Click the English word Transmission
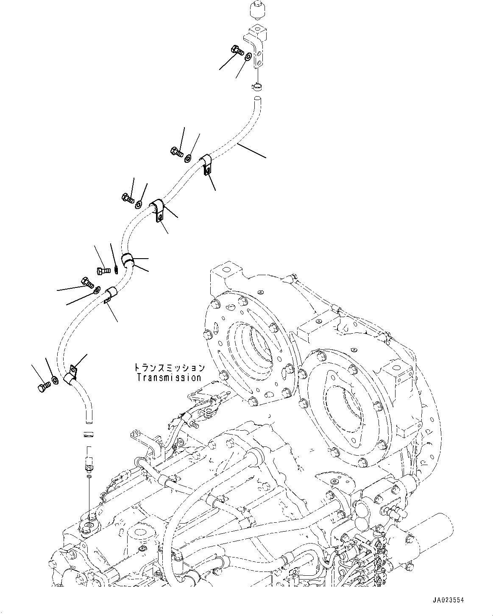[169, 377]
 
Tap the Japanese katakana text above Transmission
[169, 368]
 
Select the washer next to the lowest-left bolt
[54, 380]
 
